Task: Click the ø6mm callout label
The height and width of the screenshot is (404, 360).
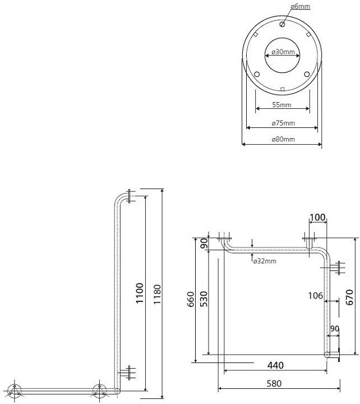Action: click(x=300, y=6)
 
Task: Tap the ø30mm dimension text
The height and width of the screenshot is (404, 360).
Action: click(x=283, y=52)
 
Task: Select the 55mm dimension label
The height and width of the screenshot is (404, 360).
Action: click(x=281, y=105)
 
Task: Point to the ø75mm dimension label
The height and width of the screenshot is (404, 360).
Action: click(x=283, y=123)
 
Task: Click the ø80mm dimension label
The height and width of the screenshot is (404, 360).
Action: click(x=283, y=139)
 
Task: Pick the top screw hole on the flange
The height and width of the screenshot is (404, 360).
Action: click(x=282, y=25)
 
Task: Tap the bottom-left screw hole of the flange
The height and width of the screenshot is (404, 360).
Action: click(x=257, y=75)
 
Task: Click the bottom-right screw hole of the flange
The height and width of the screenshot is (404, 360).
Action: click(x=307, y=75)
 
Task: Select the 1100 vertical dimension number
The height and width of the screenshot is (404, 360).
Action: click(x=139, y=293)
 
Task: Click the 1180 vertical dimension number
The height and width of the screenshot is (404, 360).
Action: click(x=157, y=294)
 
